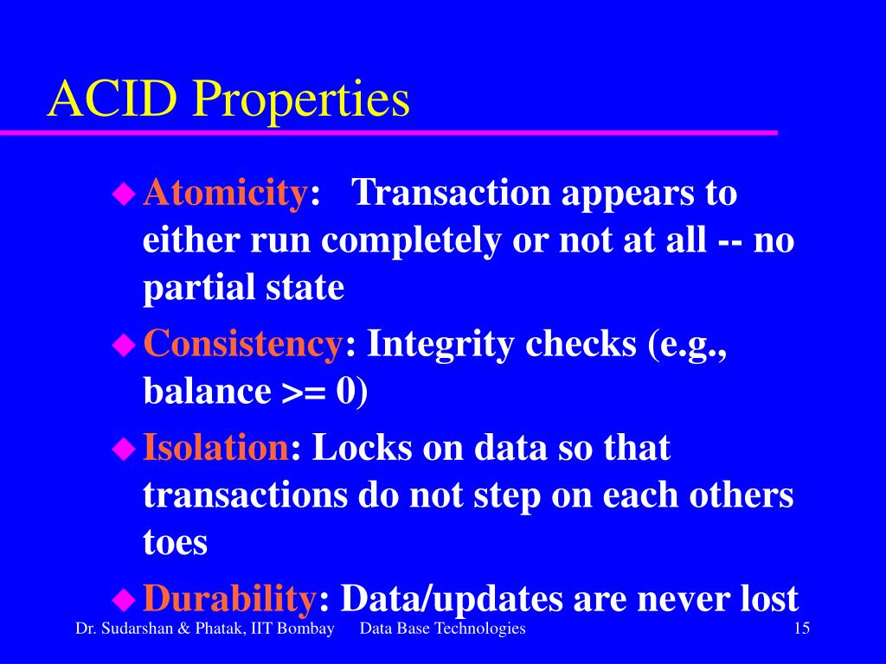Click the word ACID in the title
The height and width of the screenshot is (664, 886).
coord(112,99)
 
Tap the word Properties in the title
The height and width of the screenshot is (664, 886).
coord(301,102)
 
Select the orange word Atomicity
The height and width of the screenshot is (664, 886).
coord(225,193)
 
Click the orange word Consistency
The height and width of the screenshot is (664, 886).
coord(242,343)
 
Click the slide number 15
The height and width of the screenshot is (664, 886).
coord(802,628)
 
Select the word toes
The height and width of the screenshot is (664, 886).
coord(175,542)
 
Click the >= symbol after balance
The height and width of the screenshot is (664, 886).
coord(304,392)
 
